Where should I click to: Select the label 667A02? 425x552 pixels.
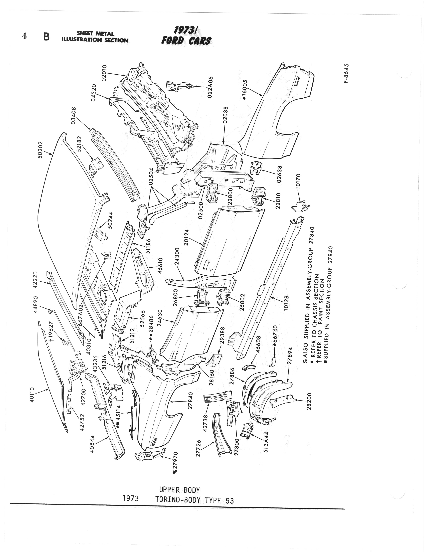tap(81, 316)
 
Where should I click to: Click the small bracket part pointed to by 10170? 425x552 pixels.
tap(300, 206)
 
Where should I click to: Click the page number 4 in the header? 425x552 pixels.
tap(24, 36)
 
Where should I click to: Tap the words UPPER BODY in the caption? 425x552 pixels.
tap(179, 490)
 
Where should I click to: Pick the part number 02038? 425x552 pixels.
tap(225, 115)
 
